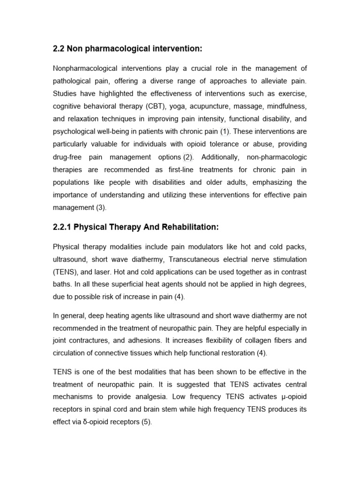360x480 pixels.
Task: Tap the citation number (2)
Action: [187, 157]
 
